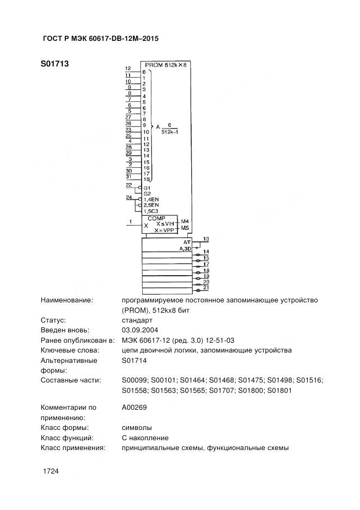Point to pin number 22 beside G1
[129, 185]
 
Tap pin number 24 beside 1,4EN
[129, 197]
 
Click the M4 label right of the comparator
[185, 221]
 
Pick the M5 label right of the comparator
[185, 228]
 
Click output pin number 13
[205, 239]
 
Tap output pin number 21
[206, 287]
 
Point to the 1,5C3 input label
[151, 211]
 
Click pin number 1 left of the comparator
[130, 221]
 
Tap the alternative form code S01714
[134, 360]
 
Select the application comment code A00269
[134, 407]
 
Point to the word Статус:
[53, 320]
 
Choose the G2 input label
[147, 193]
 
